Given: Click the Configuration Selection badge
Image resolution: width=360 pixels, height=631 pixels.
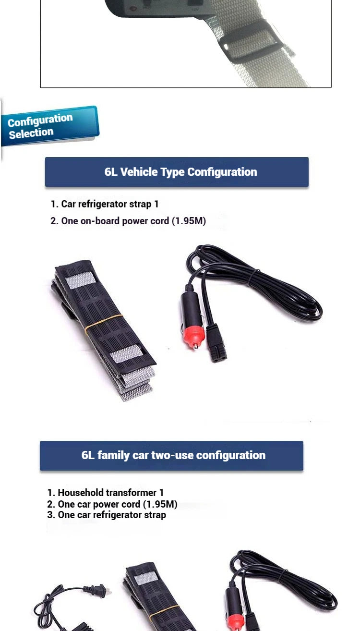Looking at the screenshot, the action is (50, 126).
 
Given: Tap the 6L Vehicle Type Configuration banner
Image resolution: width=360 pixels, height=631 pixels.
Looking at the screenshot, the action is (177, 172).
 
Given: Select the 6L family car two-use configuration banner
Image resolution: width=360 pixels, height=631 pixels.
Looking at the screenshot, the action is (171, 456).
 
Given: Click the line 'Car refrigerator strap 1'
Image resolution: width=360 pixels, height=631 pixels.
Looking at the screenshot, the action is (105, 204).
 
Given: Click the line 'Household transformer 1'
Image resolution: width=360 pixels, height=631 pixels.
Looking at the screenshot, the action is (106, 493).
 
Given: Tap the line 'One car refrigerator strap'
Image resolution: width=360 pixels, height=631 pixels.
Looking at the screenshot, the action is (107, 515).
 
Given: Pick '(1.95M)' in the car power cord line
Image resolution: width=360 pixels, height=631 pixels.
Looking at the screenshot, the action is (160, 504).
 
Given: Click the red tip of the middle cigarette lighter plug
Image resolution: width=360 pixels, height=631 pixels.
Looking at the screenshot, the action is (194, 337).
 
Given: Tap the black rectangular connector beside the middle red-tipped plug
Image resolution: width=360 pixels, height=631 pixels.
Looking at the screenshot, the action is (216, 342).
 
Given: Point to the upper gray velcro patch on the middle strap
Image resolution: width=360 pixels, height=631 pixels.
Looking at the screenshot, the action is (81, 280).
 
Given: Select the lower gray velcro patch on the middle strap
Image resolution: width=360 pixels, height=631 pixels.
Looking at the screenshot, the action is (126, 353).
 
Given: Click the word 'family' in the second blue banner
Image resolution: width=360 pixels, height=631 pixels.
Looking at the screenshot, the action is (113, 456).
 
